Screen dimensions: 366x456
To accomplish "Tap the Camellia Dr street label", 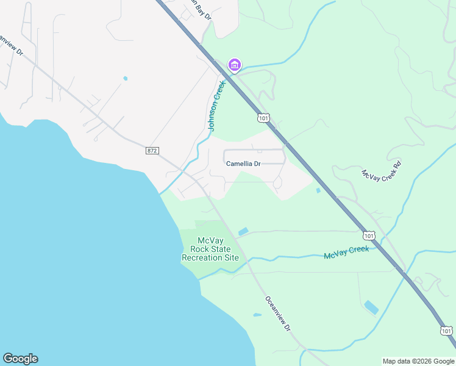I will coord(243,163).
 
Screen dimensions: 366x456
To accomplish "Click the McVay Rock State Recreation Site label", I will coord(210,249).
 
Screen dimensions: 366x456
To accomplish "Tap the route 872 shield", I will coord(152,150).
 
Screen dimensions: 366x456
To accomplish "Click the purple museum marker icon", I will coord(234,64).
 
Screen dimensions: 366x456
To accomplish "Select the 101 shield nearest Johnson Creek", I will coord(263,118).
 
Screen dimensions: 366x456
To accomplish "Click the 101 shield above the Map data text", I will coord(447,331).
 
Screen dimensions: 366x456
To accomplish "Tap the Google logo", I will coord(20,359).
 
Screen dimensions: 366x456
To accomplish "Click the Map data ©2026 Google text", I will coord(419,361).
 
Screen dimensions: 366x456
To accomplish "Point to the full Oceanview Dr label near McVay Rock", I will coord(278,314).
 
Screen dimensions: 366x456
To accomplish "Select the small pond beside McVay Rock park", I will coord(243,231).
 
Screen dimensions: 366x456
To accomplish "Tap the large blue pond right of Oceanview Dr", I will coord(371,307).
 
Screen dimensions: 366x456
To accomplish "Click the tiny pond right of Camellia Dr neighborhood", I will coord(318,190).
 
